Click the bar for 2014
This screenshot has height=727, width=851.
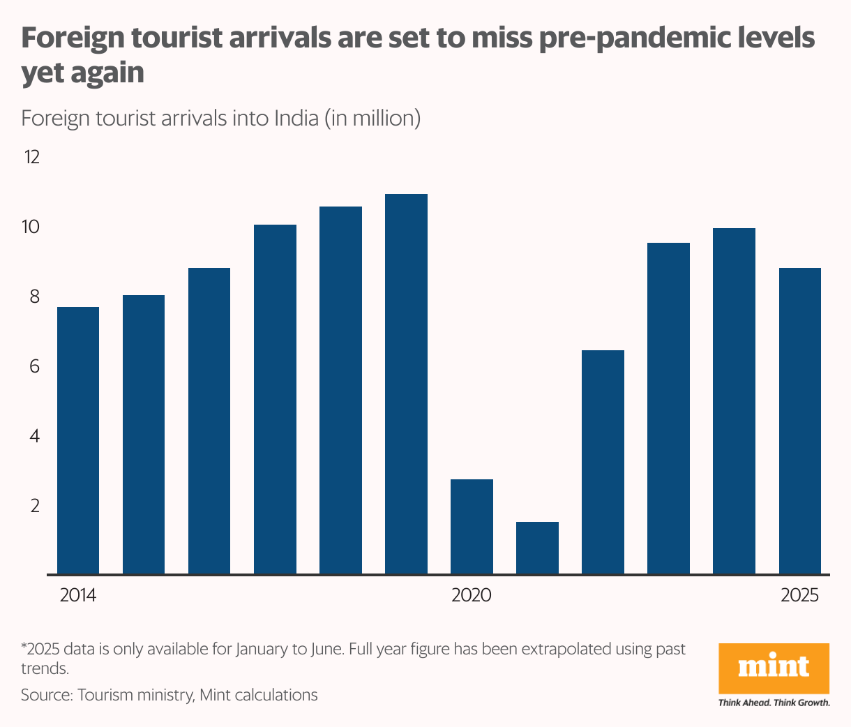[77, 440]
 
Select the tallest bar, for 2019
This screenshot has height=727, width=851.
[406, 384]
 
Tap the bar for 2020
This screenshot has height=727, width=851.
[472, 527]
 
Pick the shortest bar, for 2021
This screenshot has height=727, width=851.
[537, 548]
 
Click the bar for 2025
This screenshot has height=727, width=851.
[799, 421]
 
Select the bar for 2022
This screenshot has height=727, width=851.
[603, 462]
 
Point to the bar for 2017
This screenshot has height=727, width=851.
[275, 399]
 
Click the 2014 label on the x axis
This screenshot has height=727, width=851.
[78, 595]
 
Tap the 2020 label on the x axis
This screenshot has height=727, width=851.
[472, 595]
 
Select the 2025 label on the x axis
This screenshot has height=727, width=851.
[799, 595]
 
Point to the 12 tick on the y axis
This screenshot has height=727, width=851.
[32, 157]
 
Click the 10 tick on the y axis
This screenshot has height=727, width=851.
[32, 227]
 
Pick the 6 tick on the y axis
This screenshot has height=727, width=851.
[34, 366]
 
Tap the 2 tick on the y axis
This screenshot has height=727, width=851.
[34, 506]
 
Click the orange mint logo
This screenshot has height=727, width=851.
[774, 668]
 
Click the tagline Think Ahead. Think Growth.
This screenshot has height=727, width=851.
[774, 703]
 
